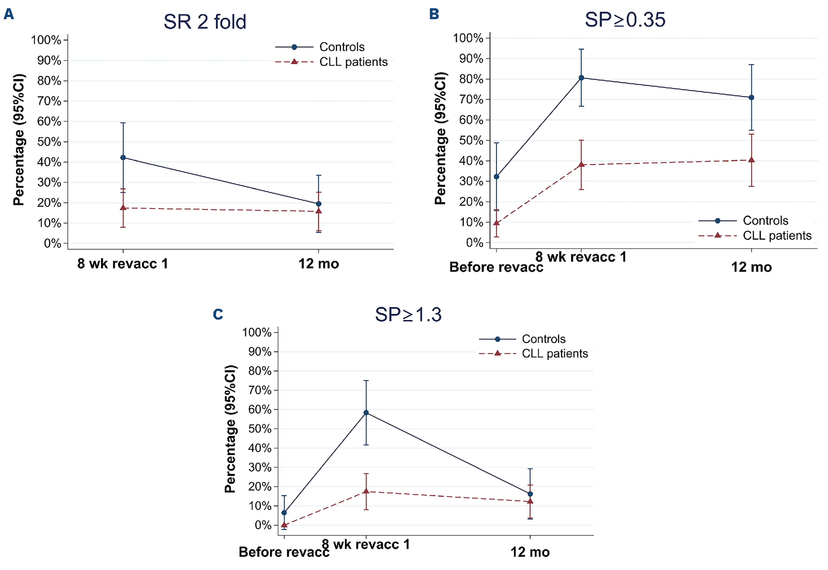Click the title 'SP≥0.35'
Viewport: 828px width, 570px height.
[625, 20]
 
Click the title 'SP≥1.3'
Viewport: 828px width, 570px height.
[408, 315]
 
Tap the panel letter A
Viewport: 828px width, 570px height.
[9, 14]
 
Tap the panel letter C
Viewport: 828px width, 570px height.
[218, 314]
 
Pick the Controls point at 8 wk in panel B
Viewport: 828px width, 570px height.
[581, 78]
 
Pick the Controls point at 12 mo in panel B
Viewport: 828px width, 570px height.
[751, 97]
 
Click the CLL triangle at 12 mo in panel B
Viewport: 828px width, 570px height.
[751, 160]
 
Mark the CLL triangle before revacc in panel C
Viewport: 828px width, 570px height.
[284, 525]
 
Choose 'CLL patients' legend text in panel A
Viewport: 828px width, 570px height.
[353, 62]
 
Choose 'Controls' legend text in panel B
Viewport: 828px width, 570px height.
[765, 221]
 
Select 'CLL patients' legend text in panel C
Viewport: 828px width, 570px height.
[555, 354]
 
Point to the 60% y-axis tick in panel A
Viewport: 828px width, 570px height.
[49, 121]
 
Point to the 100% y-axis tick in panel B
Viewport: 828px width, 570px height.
[468, 38]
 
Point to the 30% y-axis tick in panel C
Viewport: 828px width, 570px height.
[260, 467]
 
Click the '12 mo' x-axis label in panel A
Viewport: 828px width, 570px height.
[319, 264]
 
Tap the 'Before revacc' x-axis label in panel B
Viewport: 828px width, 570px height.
[496, 267]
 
